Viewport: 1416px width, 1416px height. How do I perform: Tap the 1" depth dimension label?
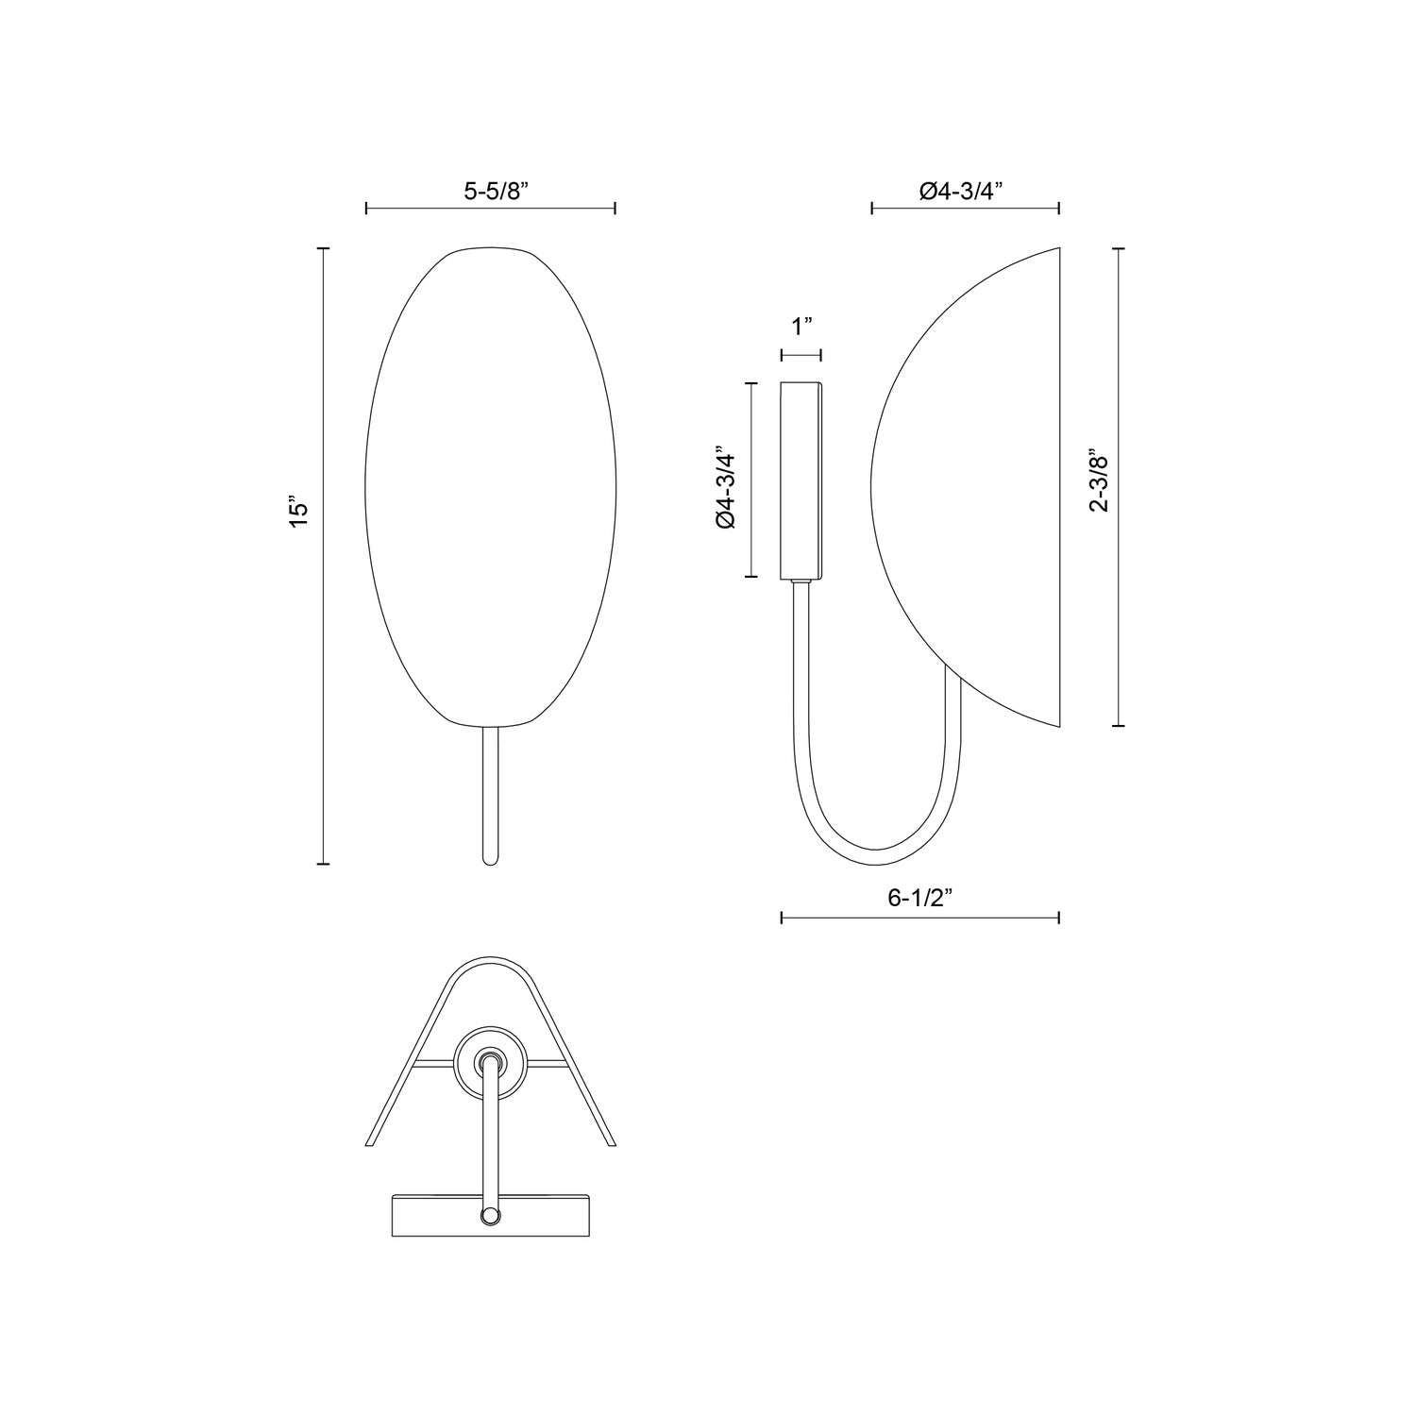pos(801,328)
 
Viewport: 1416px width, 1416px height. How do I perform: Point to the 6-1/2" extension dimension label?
pos(919,898)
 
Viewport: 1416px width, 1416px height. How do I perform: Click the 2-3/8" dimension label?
pos(1099,480)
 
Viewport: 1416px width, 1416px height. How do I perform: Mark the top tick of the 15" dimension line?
pos(324,248)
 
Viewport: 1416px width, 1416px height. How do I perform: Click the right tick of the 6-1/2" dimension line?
pos(1059,918)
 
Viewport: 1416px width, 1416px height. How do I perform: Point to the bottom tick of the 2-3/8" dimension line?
pos(1120,725)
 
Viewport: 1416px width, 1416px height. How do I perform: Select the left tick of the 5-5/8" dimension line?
pos(366,209)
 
